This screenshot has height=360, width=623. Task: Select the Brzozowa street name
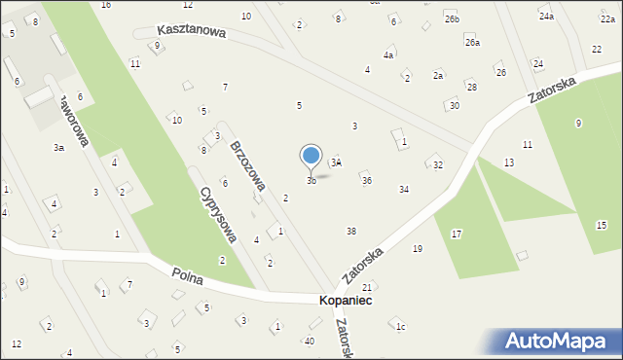point(248,164)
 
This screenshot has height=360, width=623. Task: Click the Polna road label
point(185,277)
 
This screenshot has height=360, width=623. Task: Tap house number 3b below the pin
point(311,181)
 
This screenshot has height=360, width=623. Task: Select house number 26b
point(452,19)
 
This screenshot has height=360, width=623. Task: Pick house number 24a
point(546,17)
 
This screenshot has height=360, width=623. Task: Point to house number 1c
point(400,327)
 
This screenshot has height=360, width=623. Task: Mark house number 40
point(310,341)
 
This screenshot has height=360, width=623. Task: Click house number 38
point(351,231)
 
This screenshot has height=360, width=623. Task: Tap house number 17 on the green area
point(456,234)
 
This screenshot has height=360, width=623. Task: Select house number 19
point(418,249)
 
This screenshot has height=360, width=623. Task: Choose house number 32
point(438,165)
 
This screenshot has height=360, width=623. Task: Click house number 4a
point(388,55)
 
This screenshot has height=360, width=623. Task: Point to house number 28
point(471,88)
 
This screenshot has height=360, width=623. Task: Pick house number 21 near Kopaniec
point(367,288)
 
